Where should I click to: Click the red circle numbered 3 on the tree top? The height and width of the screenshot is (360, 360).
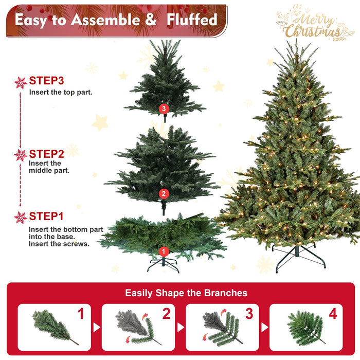click(x=164, y=109)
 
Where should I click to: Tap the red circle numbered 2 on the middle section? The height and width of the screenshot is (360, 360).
click(x=164, y=194)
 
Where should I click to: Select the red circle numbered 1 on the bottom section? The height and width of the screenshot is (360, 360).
click(x=164, y=251)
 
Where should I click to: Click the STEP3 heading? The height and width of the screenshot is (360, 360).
click(x=46, y=81)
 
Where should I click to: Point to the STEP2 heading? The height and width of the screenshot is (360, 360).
click(x=46, y=154)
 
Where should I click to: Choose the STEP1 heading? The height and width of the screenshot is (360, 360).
click(x=46, y=216)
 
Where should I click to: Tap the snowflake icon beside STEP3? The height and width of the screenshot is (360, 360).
click(x=21, y=82)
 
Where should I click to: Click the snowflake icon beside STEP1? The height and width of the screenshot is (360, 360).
click(x=21, y=217)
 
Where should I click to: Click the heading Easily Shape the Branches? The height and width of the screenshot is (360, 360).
click(x=186, y=293)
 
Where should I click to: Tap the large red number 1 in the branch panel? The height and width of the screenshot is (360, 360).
click(x=81, y=314)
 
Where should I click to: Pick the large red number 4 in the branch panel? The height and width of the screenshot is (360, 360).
click(x=332, y=314)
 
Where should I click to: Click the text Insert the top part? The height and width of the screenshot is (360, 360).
click(x=61, y=93)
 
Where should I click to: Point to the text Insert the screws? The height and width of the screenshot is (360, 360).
click(x=59, y=244)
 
